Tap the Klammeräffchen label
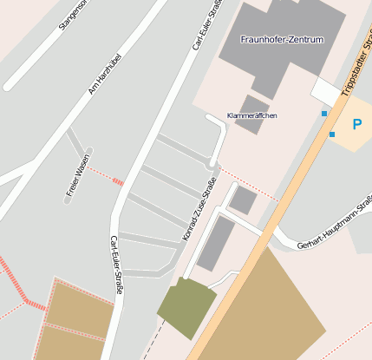[251, 115]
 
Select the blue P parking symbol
[356, 125]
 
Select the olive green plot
[186, 308]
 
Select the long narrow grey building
[215, 242]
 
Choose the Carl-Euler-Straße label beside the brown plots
[116, 264]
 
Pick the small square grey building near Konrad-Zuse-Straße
[243, 201]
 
